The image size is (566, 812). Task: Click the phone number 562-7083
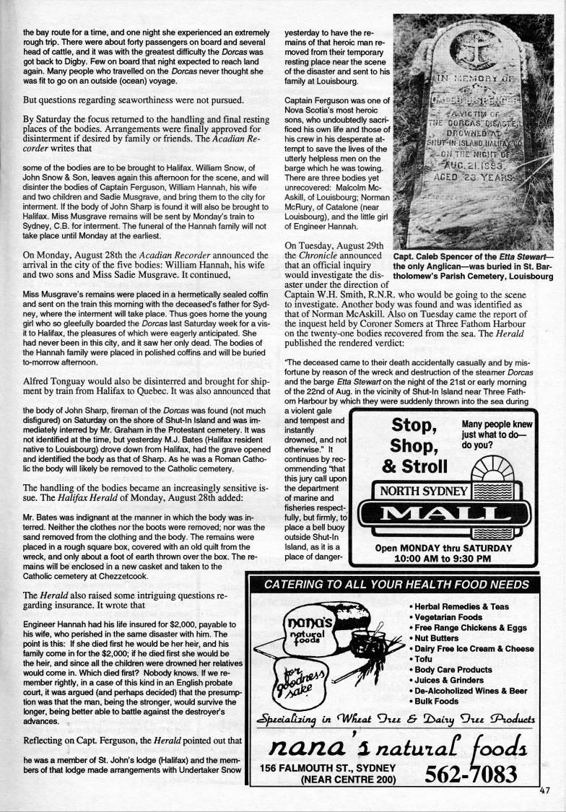[x=471, y=774]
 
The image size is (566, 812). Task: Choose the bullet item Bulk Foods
[x=436, y=701]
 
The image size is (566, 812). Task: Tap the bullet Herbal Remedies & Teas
[x=461, y=606]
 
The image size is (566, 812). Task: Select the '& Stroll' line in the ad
[x=414, y=466]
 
